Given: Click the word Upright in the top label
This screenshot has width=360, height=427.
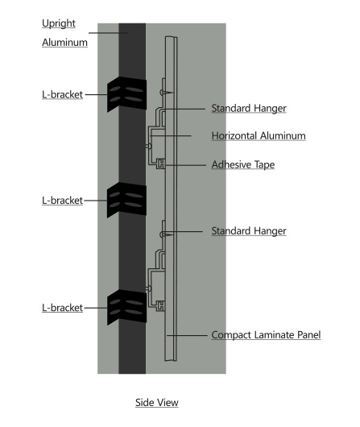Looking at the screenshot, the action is [59, 23].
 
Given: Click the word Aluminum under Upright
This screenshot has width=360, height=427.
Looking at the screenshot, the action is [64, 43].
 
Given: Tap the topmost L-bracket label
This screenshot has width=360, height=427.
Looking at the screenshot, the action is [62, 94].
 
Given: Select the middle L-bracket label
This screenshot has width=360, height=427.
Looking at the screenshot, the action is [62, 201].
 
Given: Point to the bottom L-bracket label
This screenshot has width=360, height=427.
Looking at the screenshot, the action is [62, 308].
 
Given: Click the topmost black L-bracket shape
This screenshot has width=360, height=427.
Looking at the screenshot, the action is [126, 94].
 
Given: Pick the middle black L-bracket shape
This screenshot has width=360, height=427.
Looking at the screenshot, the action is [126, 200].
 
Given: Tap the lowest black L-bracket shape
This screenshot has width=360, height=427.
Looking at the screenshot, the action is [126, 307].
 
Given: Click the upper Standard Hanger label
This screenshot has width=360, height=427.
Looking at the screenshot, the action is [249, 108].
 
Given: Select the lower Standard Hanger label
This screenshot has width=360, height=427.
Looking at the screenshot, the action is [249, 231].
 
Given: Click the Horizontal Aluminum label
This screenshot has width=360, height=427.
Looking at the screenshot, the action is [259, 135].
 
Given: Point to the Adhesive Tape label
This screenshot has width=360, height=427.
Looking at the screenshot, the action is [243, 164].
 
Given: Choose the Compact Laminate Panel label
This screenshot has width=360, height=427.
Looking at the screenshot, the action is [266, 335].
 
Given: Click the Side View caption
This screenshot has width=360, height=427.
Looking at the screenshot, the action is [157, 403].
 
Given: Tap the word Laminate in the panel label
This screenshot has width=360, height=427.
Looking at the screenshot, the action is [274, 335].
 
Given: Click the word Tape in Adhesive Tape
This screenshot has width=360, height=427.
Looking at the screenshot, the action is [264, 164].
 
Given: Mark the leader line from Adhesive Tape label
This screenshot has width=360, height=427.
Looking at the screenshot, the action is [185, 165].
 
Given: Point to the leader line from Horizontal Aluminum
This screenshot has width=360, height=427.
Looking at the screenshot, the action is [171, 135].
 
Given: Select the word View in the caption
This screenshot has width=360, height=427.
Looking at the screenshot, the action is [167, 403].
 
